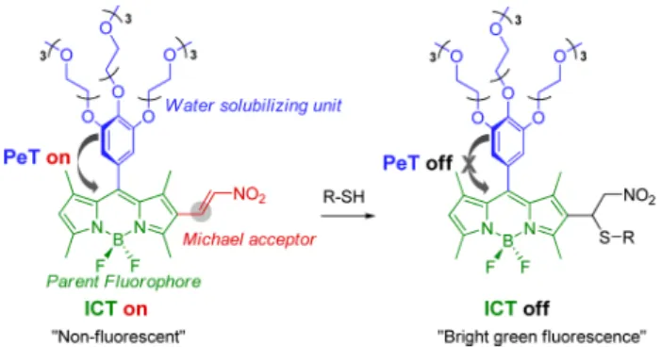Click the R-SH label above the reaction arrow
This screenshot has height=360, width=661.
[x=343, y=196]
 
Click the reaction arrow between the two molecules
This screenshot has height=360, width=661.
[x=348, y=216]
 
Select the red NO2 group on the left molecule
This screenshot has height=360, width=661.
[x=249, y=195]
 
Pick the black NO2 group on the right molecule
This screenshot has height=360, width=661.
[x=639, y=195]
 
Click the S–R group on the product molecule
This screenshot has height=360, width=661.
[x=617, y=237]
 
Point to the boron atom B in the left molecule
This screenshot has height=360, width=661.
[x=118, y=240]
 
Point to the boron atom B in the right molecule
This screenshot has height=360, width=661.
[x=508, y=240]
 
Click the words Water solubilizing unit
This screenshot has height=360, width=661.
[x=253, y=105]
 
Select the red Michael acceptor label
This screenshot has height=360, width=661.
[x=249, y=239]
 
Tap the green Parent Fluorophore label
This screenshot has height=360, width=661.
[x=124, y=281]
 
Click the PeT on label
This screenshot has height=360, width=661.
[x=37, y=157]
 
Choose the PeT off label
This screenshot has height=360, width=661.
[x=418, y=163]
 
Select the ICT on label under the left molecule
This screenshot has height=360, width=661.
[x=116, y=308]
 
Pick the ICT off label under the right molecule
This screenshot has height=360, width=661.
[x=517, y=308]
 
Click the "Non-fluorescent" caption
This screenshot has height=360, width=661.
[x=119, y=336]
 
